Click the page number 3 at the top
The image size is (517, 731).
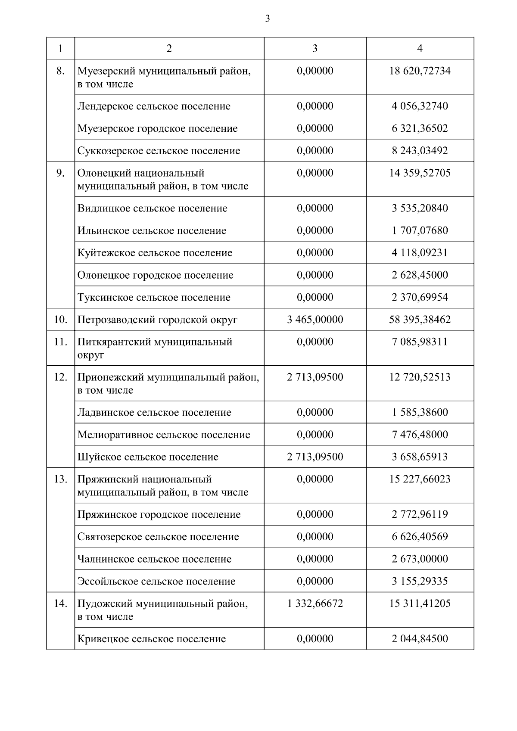pyautogui.click(x=268, y=19)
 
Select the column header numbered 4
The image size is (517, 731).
pyautogui.click(x=420, y=48)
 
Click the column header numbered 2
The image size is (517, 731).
pyautogui.click(x=169, y=48)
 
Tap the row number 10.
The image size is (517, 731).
pyautogui.click(x=60, y=320)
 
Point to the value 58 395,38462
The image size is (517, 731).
pyautogui.click(x=420, y=320)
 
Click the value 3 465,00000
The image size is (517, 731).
pyautogui.click(x=315, y=320)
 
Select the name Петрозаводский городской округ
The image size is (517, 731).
pyautogui.click(x=157, y=320)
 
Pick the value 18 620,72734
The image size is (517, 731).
pyautogui.click(x=420, y=71)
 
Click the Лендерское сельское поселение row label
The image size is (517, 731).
pyautogui.click(x=154, y=106)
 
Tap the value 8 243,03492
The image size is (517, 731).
pyautogui.click(x=420, y=151)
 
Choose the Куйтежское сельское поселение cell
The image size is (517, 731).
pyautogui.click(x=155, y=253)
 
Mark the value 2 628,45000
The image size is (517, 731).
pyautogui.click(x=420, y=275)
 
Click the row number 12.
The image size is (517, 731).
pyautogui.click(x=60, y=377)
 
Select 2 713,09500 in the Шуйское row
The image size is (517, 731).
pyautogui.click(x=315, y=457)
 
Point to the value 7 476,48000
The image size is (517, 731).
pyautogui.click(x=420, y=434)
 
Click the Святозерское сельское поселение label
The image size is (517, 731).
pyautogui.click(x=158, y=537)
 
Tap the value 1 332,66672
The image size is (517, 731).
pyautogui.click(x=315, y=603)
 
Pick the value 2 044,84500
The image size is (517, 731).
pyautogui.click(x=420, y=638)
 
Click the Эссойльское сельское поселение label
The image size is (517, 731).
pyautogui.click(x=156, y=581)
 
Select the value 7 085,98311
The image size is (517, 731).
pyautogui.click(x=420, y=342)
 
